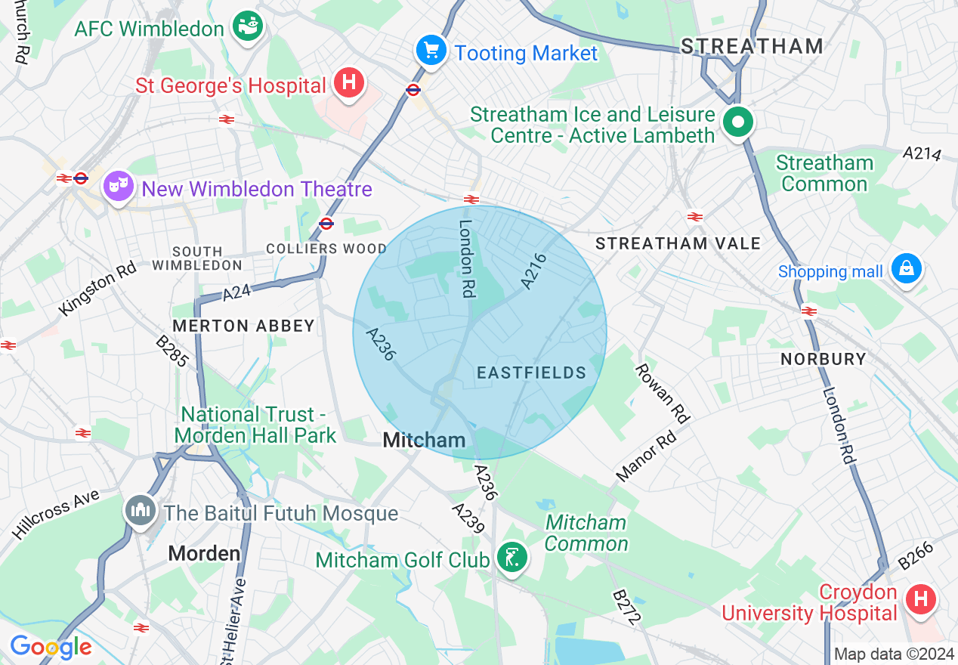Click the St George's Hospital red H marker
click(x=348, y=82)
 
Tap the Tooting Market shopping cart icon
click(x=431, y=51)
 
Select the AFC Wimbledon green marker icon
click(x=246, y=26)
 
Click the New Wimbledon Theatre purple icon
click(x=119, y=186)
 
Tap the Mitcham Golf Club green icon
click(x=513, y=558)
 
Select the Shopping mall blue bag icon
click(x=905, y=269)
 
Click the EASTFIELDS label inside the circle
click(x=532, y=373)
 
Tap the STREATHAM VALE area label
click(x=678, y=243)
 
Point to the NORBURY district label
click(x=823, y=358)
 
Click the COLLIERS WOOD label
click(x=326, y=249)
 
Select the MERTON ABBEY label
click(x=243, y=326)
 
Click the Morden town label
click(x=204, y=553)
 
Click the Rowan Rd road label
click(x=663, y=393)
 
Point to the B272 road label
click(x=626, y=607)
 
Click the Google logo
click(x=51, y=647)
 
